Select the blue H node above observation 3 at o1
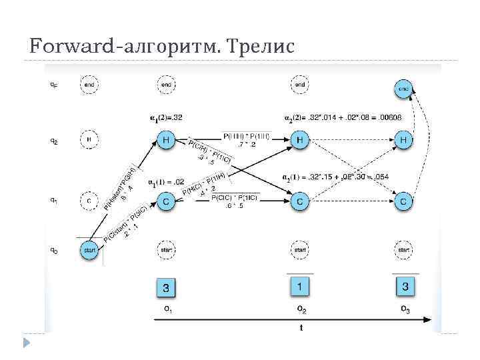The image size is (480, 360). (x=167, y=140)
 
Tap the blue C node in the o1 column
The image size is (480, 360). (x=167, y=201)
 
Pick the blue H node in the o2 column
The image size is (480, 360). (x=300, y=140)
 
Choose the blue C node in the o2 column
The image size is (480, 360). (x=300, y=201)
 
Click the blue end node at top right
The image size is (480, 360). (x=404, y=88)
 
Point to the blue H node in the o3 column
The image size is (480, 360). (x=404, y=140)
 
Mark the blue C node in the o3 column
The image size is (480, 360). (x=404, y=201)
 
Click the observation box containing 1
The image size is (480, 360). (x=300, y=287)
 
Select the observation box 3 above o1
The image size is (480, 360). (x=167, y=288)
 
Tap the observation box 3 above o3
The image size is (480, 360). (x=404, y=287)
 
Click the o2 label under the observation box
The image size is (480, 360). (x=301, y=309)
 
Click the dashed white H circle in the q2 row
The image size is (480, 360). (x=89, y=140)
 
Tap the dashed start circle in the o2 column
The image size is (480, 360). (x=300, y=250)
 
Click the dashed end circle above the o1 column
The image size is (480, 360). (x=167, y=85)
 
